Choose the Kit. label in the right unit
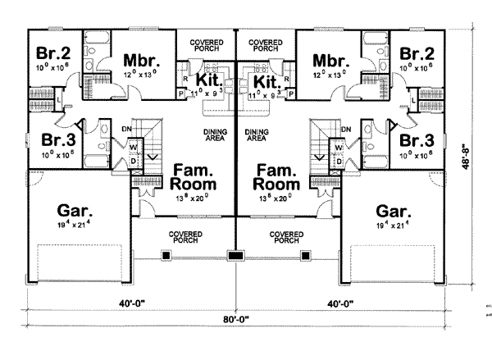click(x=266, y=83)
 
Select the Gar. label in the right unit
click(x=389, y=209)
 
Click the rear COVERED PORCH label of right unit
click(x=266, y=43)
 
